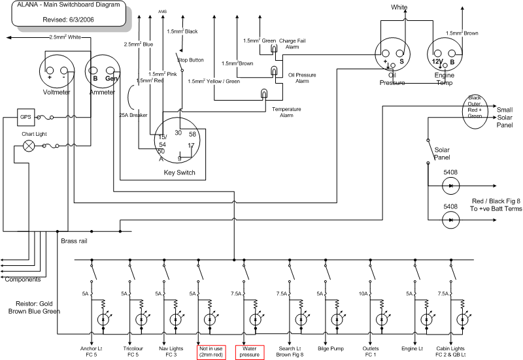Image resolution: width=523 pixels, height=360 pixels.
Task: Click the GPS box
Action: (x=25, y=118)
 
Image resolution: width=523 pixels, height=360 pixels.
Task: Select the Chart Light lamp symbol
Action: (x=29, y=146)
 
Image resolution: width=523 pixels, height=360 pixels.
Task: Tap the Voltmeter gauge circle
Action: (x=57, y=73)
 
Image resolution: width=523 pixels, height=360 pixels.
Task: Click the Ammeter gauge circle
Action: (x=103, y=73)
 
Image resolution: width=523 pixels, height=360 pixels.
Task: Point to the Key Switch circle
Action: (x=178, y=141)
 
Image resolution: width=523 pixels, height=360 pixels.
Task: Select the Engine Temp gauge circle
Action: (x=445, y=55)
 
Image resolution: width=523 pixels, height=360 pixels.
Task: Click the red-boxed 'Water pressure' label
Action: (x=250, y=352)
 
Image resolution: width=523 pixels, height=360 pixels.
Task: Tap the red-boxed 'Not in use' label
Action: (x=211, y=352)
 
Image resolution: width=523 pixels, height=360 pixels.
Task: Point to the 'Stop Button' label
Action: (x=191, y=60)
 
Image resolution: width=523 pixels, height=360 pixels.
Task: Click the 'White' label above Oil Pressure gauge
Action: (x=399, y=7)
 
